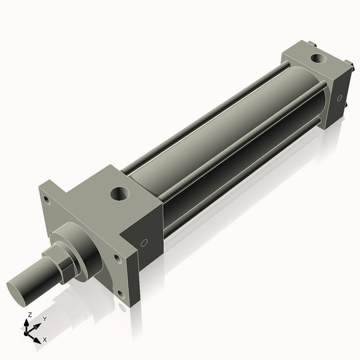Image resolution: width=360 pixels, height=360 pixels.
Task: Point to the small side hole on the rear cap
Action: pyautogui.click(x=340, y=97)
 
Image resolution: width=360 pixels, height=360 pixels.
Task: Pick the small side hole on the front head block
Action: pyautogui.click(x=144, y=243)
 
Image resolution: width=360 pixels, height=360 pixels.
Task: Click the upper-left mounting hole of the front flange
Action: pyautogui.click(x=46, y=200)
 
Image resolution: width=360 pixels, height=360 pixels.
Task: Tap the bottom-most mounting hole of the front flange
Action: pyautogui.click(x=121, y=294)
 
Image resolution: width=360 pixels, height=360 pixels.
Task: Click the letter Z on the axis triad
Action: pyautogui.click(x=30, y=314)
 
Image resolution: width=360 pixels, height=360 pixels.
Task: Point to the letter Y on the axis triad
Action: pyautogui.click(x=45, y=319)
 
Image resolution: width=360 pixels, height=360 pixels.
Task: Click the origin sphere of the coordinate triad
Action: pyautogui.click(x=27, y=332)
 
